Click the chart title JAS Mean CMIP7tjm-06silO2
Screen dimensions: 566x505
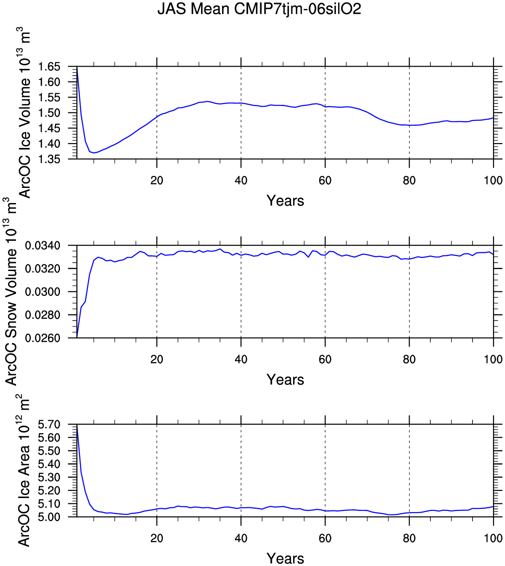(x=259, y=9)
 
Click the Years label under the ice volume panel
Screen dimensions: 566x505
(x=285, y=201)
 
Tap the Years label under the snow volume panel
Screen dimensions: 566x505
(x=285, y=380)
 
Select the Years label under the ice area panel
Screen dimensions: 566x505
(x=285, y=558)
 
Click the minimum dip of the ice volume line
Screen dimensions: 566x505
(x=94, y=153)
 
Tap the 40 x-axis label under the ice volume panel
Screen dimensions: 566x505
(x=241, y=180)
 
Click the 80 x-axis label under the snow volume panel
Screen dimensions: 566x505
(x=409, y=359)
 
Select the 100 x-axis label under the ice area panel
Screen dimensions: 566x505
(x=493, y=538)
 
